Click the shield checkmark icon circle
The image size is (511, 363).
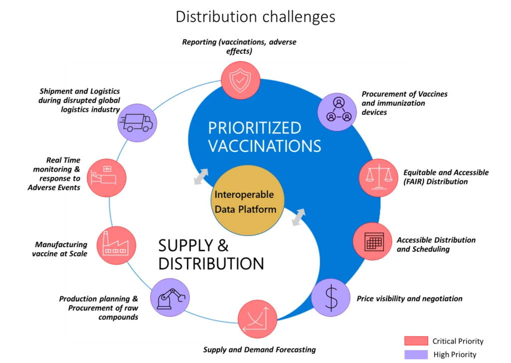241,80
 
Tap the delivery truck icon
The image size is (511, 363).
137,122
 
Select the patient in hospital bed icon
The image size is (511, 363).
106,177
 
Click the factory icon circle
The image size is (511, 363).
116,245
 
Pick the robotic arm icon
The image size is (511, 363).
170,298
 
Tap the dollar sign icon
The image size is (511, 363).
331,297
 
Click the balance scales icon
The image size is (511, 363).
378,177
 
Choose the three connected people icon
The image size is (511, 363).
337,111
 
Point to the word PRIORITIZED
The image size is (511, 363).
255,128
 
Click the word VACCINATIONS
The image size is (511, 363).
264,146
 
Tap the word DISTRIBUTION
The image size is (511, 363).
211,263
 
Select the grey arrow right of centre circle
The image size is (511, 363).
298,217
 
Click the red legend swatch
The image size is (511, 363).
416,341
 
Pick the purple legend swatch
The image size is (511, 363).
416,354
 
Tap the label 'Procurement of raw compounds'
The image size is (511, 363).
103,308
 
